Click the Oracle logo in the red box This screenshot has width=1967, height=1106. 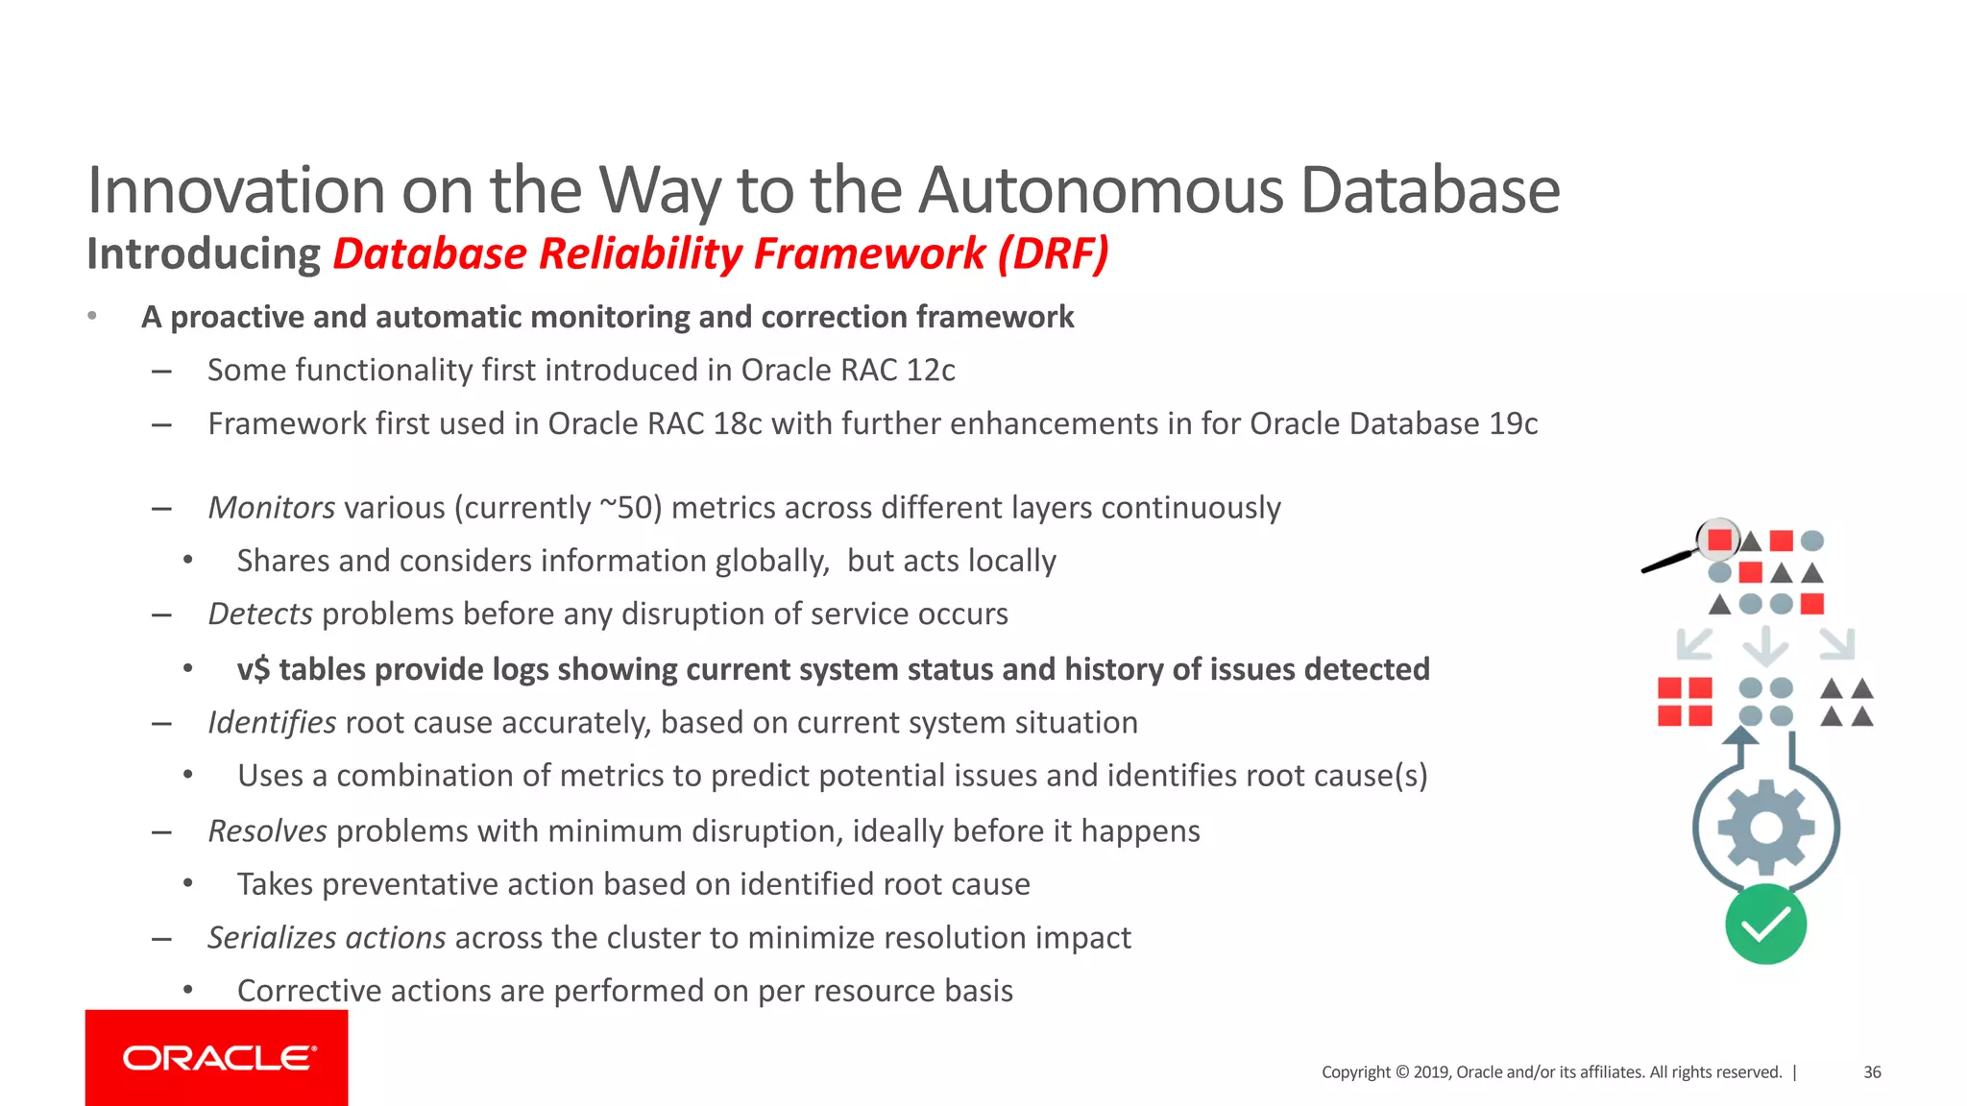pos(219,1058)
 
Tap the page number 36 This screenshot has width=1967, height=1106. pos(1872,1072)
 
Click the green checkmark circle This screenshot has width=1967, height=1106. pos(1765,925)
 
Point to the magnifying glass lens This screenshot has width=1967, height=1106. pos(1718,540)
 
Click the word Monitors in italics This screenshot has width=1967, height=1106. pos(272,508)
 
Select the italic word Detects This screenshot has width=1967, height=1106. pos(260,614)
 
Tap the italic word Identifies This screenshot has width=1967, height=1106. pos(272,722)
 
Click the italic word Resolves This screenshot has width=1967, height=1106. pos(268,830)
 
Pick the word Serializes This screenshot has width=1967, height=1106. pos(272,938)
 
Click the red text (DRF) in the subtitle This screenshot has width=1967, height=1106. pos(1053,254)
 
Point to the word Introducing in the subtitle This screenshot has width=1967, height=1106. pos(203,254)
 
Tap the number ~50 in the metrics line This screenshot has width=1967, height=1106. pos(631,508)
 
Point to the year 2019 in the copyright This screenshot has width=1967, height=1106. pos(1431,1072)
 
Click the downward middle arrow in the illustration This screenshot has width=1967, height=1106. pos(1765,645)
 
